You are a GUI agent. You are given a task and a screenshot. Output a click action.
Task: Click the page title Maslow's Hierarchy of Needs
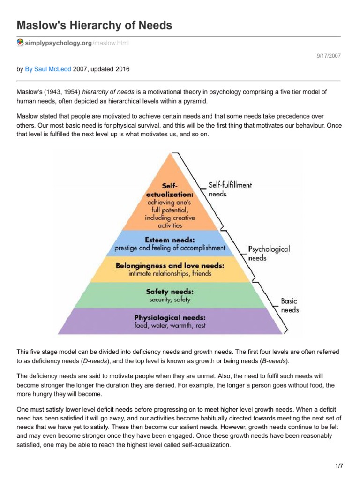[95, 25]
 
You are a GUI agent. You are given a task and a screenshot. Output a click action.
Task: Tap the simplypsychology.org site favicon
[20, 43]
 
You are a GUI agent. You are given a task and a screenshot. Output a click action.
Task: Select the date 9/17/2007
[329, 56]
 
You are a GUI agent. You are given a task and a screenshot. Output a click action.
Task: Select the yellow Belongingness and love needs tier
[170, 269]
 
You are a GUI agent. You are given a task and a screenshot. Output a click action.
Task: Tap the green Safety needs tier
[170, 294]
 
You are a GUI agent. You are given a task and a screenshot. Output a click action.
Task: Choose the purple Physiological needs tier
[170, 321]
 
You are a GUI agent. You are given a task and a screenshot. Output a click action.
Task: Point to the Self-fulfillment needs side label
[230, 189]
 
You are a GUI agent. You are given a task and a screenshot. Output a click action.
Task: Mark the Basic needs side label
[289, 305]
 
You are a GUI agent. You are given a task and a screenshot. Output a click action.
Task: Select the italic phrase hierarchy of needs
[108, 92]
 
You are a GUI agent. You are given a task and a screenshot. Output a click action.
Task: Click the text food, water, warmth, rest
[170, 325]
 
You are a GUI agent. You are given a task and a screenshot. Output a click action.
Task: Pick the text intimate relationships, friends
[170, 273]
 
